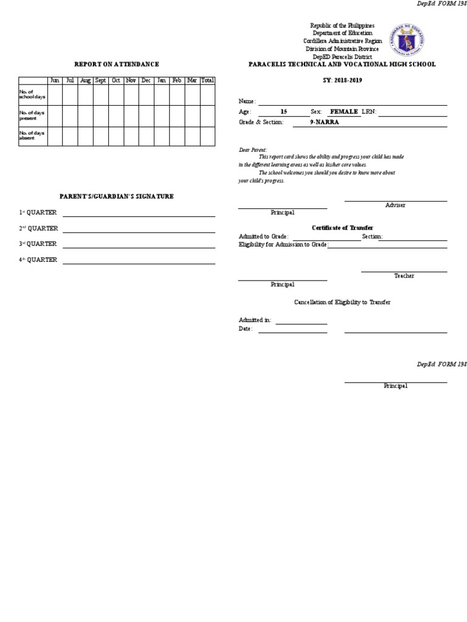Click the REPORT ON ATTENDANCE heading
pos(117,64)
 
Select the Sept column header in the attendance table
pos(101,80)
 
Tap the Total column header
pos(207,80)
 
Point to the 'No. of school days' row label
pos(32,94)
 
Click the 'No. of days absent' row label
pos(32,135)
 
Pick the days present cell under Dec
pos(146,115)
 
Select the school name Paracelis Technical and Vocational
pos(342,64)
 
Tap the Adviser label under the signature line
pos(395,205)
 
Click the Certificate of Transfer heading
pos(342,228)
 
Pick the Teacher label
pos(404,276)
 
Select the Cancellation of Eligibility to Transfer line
pos(342,302)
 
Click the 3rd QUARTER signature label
pos(38,244)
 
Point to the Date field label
pos(245,329)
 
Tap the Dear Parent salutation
pos(252,149)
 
